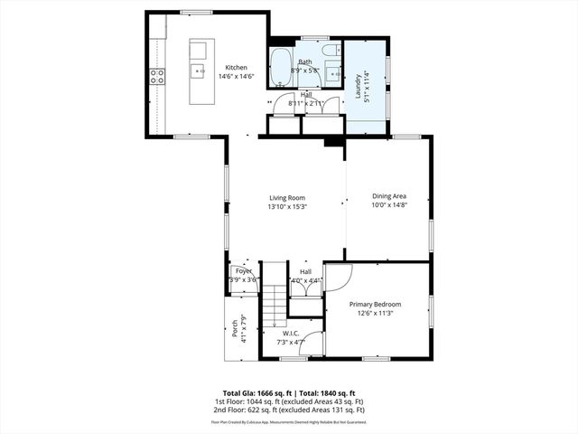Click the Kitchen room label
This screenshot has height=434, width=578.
(x=236, y=68)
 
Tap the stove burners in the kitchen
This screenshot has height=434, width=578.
(x=157, y=77)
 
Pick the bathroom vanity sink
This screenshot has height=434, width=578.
(x=331, y=72)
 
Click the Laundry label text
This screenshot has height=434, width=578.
(x=358, y=86)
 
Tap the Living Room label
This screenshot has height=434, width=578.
(x=286, y=198)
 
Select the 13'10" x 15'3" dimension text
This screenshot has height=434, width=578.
(x=286, y=207)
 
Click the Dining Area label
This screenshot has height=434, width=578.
(x=389, y=196)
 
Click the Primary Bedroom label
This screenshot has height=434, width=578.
(x=375, y=305)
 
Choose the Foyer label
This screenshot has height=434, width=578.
(x=244, y=271)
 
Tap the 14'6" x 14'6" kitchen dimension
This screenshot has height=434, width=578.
(x=236, y=77)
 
